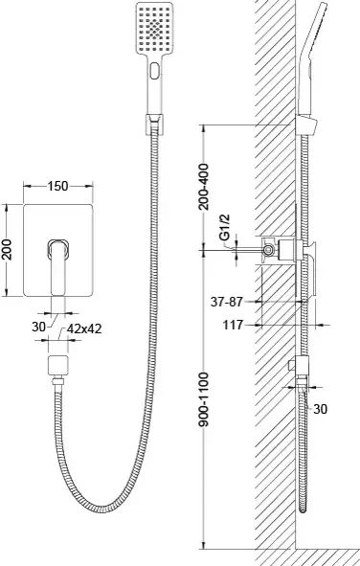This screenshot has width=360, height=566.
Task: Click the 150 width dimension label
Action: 57,186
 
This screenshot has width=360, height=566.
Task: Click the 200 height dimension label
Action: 8,249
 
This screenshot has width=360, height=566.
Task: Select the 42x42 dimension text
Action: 84,328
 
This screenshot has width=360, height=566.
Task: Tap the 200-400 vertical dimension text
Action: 204,186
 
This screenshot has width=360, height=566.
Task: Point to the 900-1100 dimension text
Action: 204,398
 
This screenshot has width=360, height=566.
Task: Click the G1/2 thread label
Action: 224,227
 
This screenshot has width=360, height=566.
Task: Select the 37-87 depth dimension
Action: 227,302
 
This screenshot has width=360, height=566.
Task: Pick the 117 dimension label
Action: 233,325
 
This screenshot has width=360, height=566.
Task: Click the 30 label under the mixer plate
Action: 38,327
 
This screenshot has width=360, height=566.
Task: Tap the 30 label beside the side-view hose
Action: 321,409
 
